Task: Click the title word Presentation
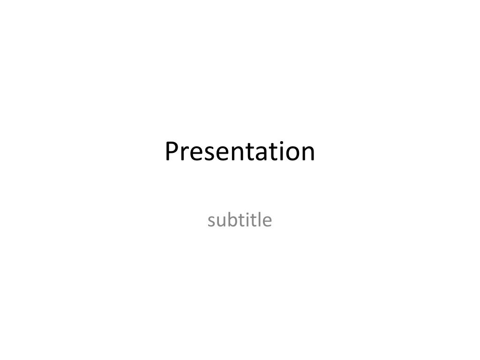pos(240,151)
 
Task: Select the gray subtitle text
pos(240,219)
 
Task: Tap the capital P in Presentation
pos(172,151)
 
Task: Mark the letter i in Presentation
pos(277,151)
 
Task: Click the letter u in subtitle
pos(221,221)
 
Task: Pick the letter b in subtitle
pos(232,219)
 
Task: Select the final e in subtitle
pos(267,221)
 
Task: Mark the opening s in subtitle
pos(211,221)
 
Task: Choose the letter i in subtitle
pos(247,219)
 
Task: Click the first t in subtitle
pos(240,220)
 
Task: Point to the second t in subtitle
pos(253,220)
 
